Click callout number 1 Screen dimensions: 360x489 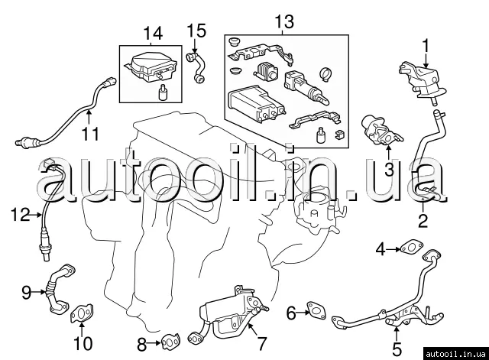click(x=426, y=44)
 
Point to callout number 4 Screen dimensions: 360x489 click(x=381, y=248)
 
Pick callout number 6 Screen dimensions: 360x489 click(x=291, y=312)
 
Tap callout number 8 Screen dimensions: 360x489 click(x=142, y=342)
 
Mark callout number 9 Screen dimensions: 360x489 click(x=26, y=291)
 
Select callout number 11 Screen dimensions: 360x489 click(x=91, y=135)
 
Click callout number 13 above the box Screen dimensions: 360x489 click(x=284, y=22)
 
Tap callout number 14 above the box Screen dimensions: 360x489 click(x=153, y=33)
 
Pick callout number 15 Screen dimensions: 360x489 click(x=196, y=31)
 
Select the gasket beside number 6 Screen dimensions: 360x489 click(x=315, y=310)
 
